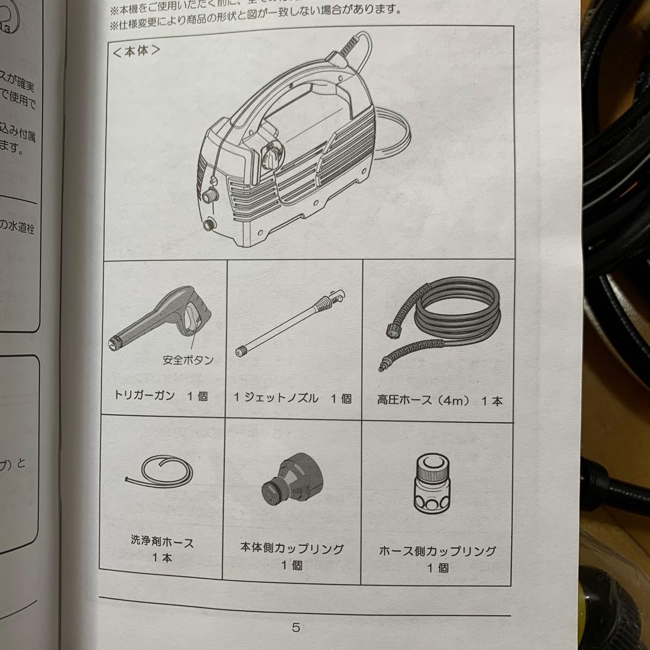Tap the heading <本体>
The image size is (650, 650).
point(136,51)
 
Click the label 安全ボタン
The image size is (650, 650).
point(188,360)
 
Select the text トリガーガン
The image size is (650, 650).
point(144,396)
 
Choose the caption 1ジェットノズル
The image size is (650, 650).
point(276,398)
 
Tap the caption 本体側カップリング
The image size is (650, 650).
point(292,549)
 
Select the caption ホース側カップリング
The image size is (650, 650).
point(438,551)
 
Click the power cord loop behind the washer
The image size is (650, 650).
point(394,135)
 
